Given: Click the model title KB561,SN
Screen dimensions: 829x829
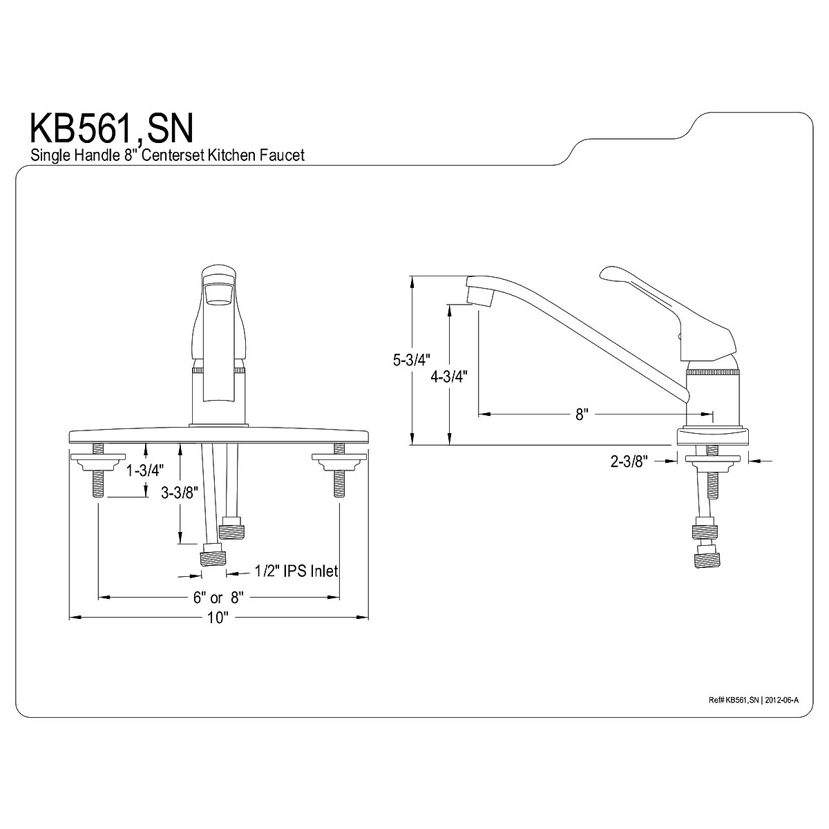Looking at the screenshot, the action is (x=111, y=128).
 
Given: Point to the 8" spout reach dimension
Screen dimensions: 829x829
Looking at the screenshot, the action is (x=581, y=414).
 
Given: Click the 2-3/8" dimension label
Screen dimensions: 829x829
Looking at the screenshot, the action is (x=628, y=462).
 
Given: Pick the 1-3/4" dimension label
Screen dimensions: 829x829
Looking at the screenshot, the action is (x=145, y=471).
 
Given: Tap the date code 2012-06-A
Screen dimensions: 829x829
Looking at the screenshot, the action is (x=782, y=700).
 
